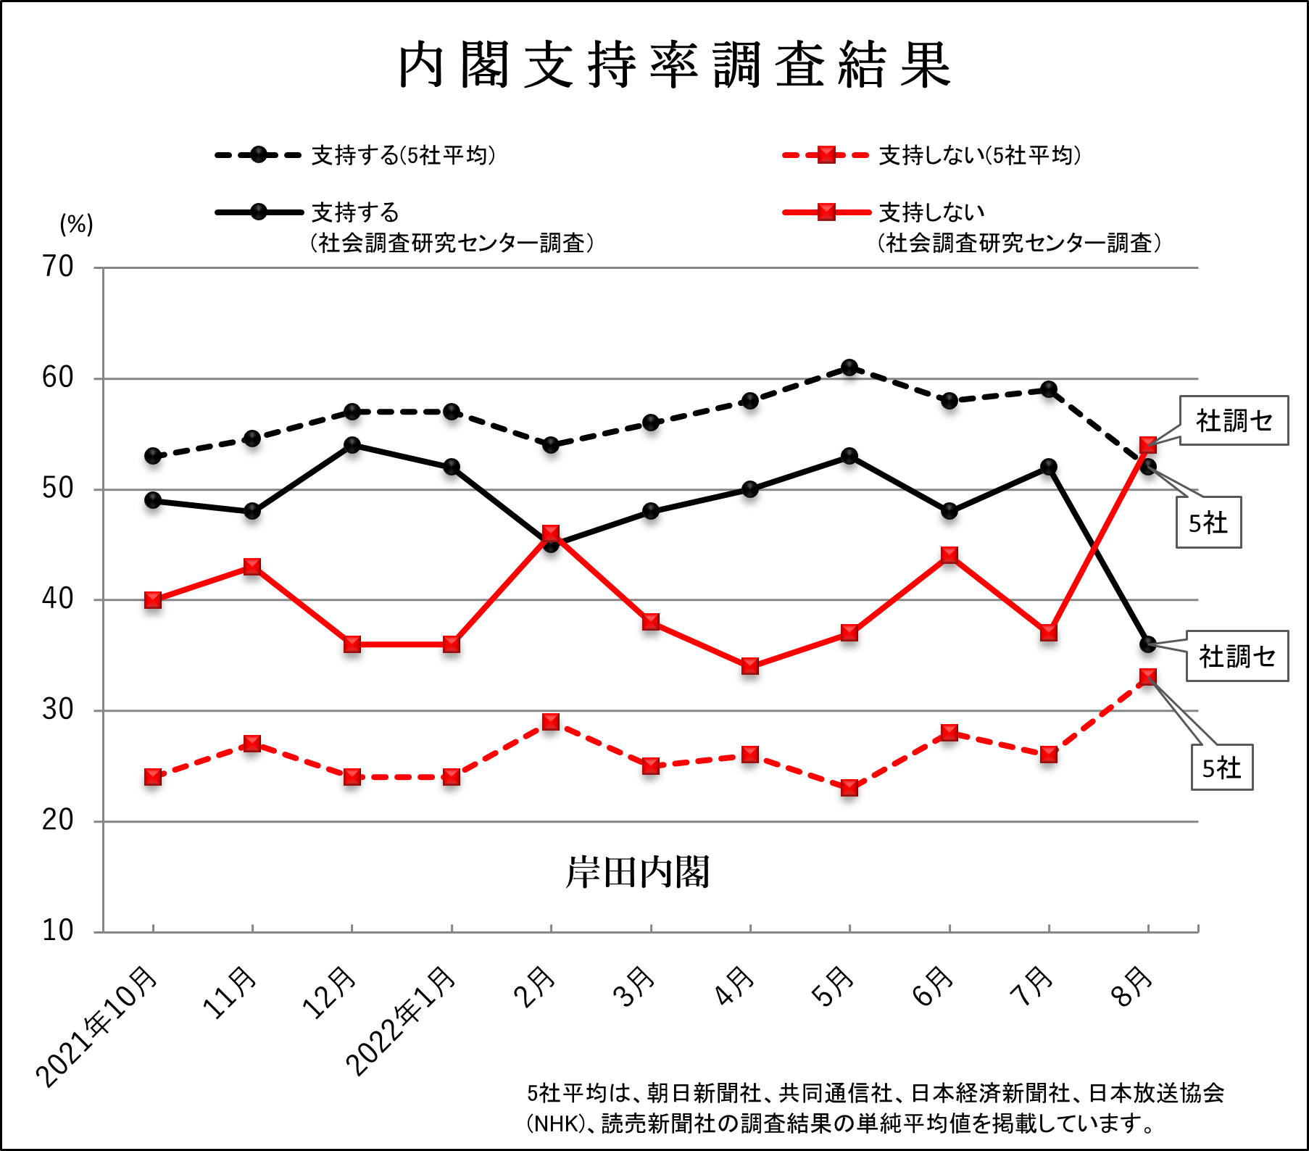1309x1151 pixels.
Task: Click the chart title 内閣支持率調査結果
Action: [x=674, y=65]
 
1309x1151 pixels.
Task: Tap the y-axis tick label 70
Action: [x=57, y=267]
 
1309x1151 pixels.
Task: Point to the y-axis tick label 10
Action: [x=57, y=931]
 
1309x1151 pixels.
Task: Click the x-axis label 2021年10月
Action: [x=98, y=1026]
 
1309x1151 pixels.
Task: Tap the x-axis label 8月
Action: [x=1132, y=987]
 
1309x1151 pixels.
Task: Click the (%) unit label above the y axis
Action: [x=76, y=224]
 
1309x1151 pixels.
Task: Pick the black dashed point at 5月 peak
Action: [x=849, y=367]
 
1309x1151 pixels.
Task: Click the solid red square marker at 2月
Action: [x=551, y=534]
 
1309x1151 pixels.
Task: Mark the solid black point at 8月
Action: [x=1147, y=644]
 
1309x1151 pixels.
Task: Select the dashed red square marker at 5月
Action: [x=849, y=788]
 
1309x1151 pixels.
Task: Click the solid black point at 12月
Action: [x=352, y=445]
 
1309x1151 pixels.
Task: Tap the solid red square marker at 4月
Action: [x=750, y=665]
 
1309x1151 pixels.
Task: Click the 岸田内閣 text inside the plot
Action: [x=637, y=872]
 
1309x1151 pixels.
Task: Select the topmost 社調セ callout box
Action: [x=1234, y=420]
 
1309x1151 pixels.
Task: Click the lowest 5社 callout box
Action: [x=1222, y=768]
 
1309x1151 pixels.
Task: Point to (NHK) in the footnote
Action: [x=556, y=1123]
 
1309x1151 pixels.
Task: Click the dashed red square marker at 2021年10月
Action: [x=153, y=777]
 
